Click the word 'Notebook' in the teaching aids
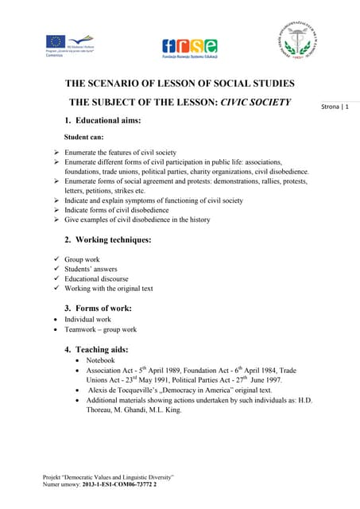(101, 360)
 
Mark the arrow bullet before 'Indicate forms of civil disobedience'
(56, 210)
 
